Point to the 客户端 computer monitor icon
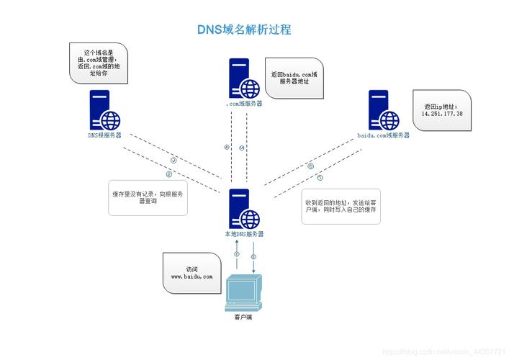243,292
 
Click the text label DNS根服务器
104,135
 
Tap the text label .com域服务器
243,104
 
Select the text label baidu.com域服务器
383,135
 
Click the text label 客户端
243,318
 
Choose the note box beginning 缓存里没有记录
148,198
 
